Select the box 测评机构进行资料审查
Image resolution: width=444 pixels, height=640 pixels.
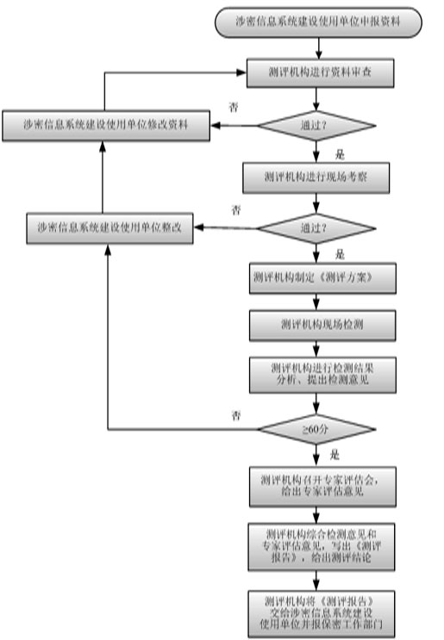[x=320, y=73]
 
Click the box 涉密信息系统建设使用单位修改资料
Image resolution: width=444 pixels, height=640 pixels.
[x=105, y=125]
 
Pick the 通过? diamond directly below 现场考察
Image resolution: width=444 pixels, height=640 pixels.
[x=318, y=228]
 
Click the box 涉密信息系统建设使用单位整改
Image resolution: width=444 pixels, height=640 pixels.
[x=109, y=228]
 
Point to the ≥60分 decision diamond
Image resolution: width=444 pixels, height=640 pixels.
[x=318, y=427]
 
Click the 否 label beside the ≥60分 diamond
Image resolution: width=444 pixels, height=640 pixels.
[x=235, y=415]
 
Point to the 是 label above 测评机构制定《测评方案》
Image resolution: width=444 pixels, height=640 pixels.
[x=339, y=254]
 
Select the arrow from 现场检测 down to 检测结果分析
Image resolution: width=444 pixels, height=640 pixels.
[x=317, y=348]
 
